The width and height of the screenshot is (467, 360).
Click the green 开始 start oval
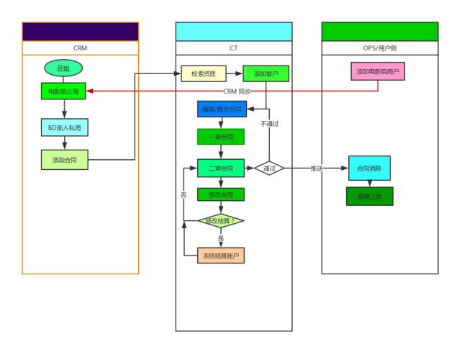(63, 68)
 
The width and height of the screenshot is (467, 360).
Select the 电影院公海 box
(64, 91)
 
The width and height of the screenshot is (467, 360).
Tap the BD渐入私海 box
(64, 127)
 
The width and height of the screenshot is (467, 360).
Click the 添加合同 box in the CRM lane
(64, 159)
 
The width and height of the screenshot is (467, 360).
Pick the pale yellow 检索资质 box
(204, 73)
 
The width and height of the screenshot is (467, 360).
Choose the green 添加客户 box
(266, 73)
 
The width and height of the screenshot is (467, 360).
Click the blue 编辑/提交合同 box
(222, 109)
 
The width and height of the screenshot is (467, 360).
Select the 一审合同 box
(221, 136)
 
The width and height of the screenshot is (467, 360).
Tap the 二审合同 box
(221, 168)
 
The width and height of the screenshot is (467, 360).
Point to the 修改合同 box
(221, 194)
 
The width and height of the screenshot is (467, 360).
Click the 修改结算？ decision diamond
(221, 220)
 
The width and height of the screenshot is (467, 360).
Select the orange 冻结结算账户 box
(221, 256)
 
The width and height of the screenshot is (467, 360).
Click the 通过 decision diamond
(269, 168)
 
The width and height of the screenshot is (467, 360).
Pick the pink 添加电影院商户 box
(378, 71)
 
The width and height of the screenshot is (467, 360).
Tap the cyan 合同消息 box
(369, 168)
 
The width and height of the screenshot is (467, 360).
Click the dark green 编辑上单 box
(369, 196)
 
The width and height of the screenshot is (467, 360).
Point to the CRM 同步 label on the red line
(237, 91)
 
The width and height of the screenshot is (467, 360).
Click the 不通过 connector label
(269, 123)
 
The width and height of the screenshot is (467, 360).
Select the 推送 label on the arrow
(317, 168)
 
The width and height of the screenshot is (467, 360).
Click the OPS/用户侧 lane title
(379, 48)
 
